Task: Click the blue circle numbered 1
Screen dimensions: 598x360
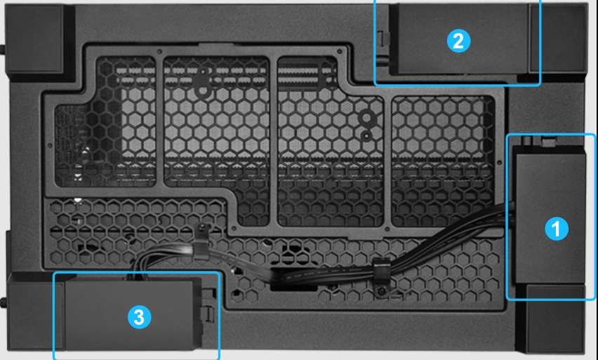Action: pos(557,229)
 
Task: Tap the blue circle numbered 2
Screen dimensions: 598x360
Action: pos(458,41)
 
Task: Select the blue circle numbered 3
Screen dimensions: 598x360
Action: pos(139,317)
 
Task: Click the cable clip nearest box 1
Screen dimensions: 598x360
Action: pos(381,276)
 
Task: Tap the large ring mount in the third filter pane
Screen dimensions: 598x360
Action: pos(366,118)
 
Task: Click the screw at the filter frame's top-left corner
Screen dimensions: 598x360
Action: pos(159,51)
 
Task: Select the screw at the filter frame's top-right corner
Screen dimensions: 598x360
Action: pos(339,51)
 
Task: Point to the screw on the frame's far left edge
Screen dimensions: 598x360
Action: pos(49,145)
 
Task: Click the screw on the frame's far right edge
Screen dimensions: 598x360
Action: pos(500,163)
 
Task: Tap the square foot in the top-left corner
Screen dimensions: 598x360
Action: pos(34,39)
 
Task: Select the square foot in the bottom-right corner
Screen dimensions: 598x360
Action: pos(555,319)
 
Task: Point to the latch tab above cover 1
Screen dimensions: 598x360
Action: pos(548,141)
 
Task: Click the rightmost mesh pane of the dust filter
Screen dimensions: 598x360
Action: pos(443,160)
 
